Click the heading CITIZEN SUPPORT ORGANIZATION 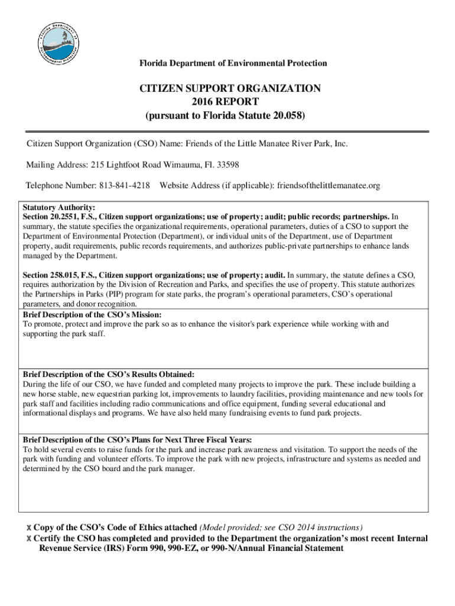click(x=230, y=89)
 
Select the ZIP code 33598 click(x=227, y=165)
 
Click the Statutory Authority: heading click(x=58, y=208)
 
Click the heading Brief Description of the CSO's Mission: click(x=92, y=315)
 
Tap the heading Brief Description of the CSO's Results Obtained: click(x=108, y=374)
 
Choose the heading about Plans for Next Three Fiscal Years click(x=137, y=440)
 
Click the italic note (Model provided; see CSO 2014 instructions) click(x=281, y=527)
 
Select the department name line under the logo click(x=233, y=63)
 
